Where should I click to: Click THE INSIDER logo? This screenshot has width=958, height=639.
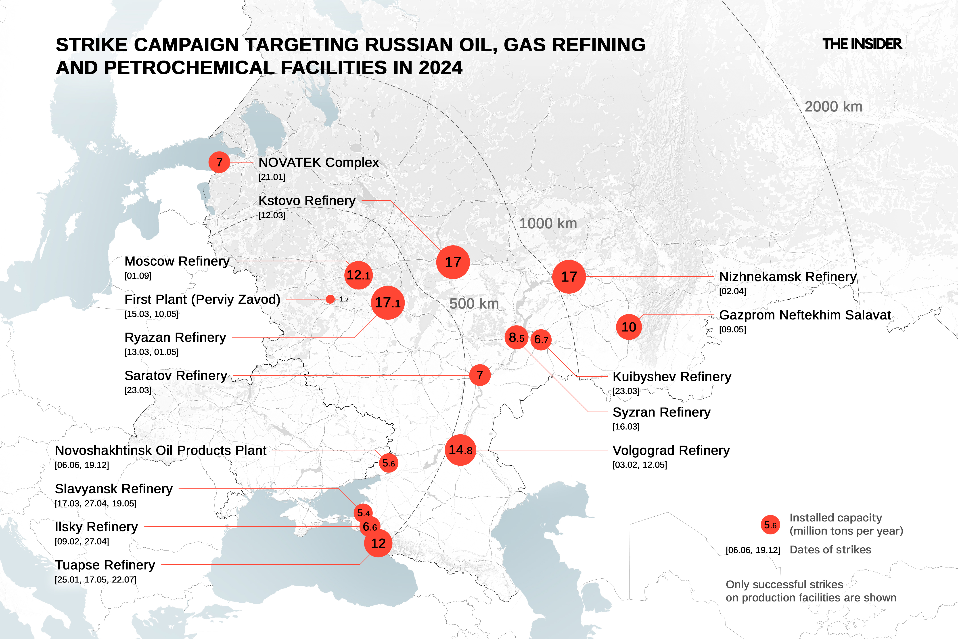point(862,44)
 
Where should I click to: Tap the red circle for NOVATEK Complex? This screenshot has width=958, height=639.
point(219,162)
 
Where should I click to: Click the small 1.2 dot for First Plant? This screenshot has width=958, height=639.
point(330,299)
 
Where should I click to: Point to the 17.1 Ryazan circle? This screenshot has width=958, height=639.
point(387,302)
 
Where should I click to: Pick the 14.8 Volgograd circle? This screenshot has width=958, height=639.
point(460,450)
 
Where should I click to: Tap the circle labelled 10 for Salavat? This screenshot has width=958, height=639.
point(628,327)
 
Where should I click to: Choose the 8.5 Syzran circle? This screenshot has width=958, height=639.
point(516,337)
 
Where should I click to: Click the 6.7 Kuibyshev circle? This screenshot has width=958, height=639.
point(541,339)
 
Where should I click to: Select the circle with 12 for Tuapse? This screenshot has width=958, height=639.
point(378,543)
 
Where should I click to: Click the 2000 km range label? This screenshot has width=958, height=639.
point(833,107)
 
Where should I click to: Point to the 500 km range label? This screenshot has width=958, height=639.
point(474,304)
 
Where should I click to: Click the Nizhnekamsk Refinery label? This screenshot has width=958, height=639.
point(788,277)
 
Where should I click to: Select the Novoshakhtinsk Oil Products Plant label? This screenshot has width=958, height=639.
point(161,450)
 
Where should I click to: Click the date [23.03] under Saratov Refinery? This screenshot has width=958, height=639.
point(138,390)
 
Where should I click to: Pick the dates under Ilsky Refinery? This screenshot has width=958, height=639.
point(82,541)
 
